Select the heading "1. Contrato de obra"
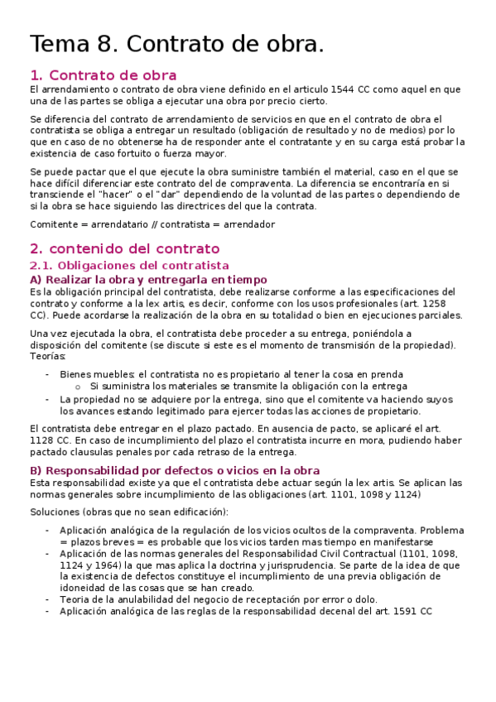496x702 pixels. click(x=103, y=75)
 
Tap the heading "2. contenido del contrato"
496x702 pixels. click(x=124, y=248)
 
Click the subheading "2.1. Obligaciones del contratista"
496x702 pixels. click(x=128, y=266)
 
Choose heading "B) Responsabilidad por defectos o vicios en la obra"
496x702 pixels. click(x=174, y=470)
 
